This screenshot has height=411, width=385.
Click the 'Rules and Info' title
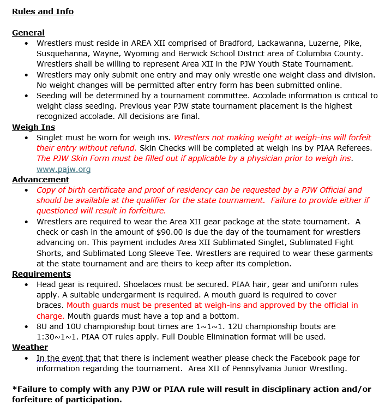pos(43,11)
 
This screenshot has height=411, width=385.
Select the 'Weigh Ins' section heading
pos(33,127)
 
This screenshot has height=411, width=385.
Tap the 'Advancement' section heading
pos(40,180)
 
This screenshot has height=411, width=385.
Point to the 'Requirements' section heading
pos(41,274)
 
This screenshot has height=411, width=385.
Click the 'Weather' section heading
pos(30,347)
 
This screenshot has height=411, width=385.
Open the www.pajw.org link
pos(63,169)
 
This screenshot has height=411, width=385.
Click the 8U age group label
pos(43,326)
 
